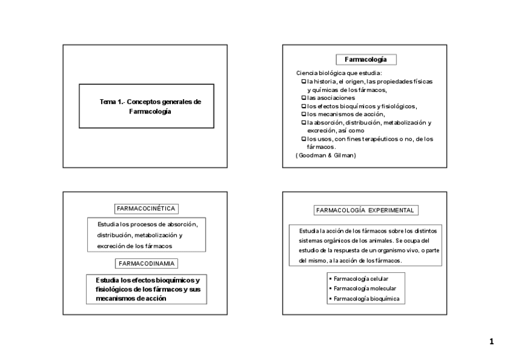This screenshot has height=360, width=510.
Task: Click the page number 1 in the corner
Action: [x=491, y=342]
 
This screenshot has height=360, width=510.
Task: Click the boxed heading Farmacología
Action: [x=365, y=59]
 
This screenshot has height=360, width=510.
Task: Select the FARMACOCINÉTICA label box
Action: [x=146, y=209]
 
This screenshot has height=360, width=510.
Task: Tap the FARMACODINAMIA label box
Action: [x=146, y=264]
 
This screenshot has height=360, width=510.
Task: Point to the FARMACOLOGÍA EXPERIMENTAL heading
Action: [x=366, y=210]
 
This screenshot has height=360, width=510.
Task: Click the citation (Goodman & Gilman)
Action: [x=326, y=155]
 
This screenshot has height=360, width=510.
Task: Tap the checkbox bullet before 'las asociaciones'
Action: [x=303, y=97]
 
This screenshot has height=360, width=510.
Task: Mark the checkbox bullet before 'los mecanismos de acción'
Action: [x=303, y=114]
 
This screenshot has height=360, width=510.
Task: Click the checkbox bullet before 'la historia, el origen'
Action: [x=303, y=81]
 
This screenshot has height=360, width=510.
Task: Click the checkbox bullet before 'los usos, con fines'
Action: [x=303, y=139]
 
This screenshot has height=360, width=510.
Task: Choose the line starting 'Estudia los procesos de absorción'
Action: [x=147, y=224]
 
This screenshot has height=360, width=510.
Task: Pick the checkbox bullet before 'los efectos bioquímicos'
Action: [x=303, y=106]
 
